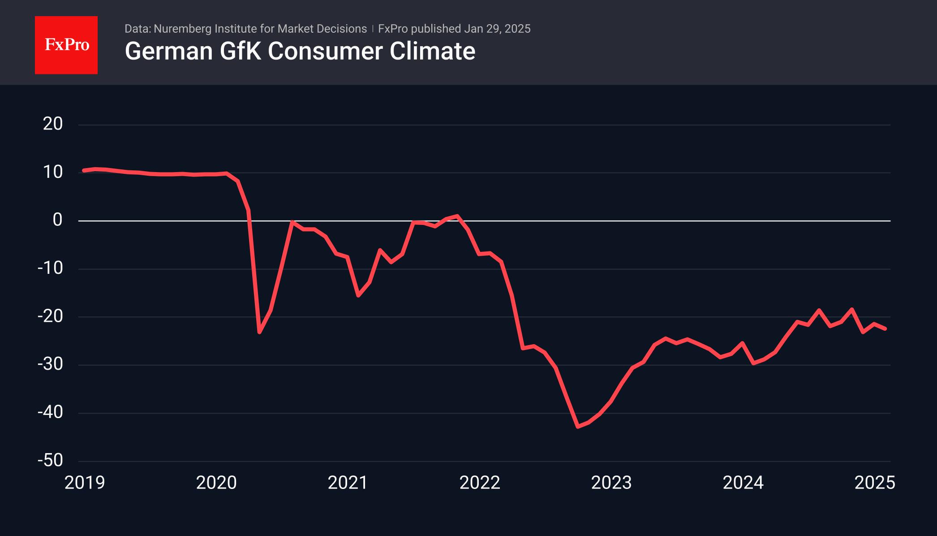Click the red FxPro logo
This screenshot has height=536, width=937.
coord(66,45)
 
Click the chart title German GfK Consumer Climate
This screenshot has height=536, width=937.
coord(300,51)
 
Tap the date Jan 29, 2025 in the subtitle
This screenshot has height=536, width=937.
coord(497,29)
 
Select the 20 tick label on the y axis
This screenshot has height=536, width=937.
coord(53,124)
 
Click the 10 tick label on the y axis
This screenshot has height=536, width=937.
coord(53,172)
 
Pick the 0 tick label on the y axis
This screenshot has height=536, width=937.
coord(57,220)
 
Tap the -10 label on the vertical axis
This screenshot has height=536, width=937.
coord(50,268)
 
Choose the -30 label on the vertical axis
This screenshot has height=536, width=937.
coord(50,364)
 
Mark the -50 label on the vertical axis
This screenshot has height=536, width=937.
coord(50,461)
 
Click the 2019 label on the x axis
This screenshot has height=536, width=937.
coord(85,483)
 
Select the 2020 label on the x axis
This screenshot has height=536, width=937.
coord(216,483)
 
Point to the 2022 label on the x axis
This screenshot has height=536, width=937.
coord(480,483)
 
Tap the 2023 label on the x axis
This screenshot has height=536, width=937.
coord(611,483)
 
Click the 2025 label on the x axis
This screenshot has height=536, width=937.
coord(875,483)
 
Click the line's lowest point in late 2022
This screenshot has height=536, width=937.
coord(578,427)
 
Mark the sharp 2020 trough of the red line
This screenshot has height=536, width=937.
coord(259,333)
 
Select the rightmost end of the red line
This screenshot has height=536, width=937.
coord(885,329)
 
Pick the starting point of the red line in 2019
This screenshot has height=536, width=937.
coord(84,170)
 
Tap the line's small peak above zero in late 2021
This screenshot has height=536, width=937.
coord(457,216)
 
